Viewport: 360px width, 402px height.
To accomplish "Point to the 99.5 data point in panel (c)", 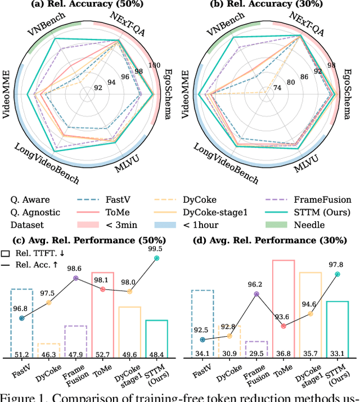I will [157, 258].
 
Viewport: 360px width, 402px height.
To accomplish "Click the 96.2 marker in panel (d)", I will [257, 294].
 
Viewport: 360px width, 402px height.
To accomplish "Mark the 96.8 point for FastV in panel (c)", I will [21, 318].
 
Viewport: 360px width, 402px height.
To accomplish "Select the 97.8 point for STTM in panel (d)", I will [338, 274].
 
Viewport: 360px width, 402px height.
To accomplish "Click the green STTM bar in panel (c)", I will [157, 338].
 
